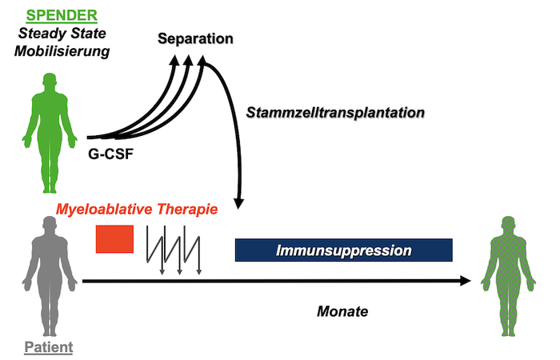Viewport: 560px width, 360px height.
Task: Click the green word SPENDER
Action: (x=62, y=15)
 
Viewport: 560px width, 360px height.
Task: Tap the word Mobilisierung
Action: (x=62, y=51)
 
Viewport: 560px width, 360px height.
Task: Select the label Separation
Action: (x=195, y=38)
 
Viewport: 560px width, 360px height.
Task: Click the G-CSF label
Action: (x=110, y=154)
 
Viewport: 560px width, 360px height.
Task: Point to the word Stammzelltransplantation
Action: (x=335, y=113)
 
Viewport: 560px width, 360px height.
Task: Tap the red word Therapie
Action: (x=187, y=209)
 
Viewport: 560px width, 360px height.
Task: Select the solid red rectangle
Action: (x=114, y=239)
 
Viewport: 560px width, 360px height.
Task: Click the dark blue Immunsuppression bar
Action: (x=343, y=250)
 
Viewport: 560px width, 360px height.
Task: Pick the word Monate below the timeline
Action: (x=342, y=311)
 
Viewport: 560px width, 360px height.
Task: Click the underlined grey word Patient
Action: (x=49, y=347)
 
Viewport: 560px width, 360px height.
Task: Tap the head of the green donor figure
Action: (x=50, y=80)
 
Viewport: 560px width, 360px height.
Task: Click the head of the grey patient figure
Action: (x=50, y=224)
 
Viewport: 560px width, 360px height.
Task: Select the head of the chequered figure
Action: (x=508, y=224)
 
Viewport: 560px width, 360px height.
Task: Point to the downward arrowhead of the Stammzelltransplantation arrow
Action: (x=238, y=203)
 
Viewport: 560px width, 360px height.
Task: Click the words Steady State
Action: (x=62, y=34)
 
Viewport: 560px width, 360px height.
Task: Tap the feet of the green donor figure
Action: (x=50, y=189)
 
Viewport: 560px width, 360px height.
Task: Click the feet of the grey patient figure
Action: (x=50, y=332)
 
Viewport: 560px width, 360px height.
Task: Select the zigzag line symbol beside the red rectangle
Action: (x=174, y=250)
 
